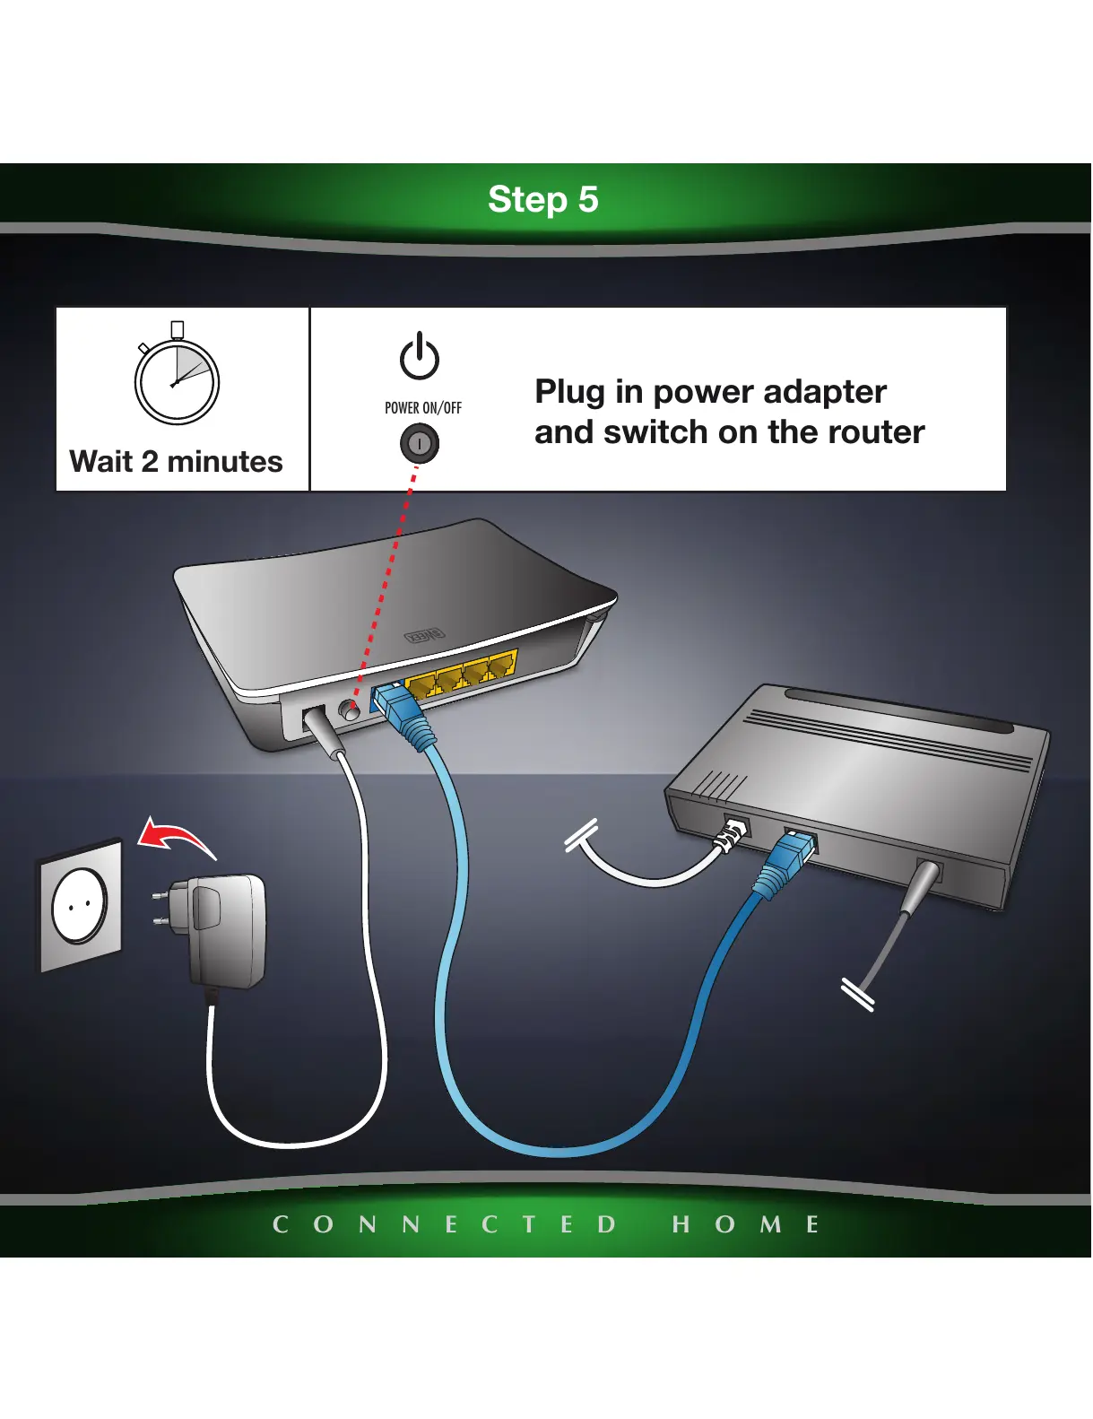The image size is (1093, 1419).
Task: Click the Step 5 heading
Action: pyautogui.click(x=542, y=199)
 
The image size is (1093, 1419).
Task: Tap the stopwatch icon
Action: pyautogui.click(x=177, y=379)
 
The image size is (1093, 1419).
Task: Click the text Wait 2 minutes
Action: pyautogui.click(x=177, y=461)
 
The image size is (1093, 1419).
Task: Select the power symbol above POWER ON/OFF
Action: pyautogui.click(x=420, y=357)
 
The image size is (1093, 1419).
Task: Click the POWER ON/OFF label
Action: pyautogui.click(x=423, y=408)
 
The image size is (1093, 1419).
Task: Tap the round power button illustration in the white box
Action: pyautogui.click(x=420, y=443)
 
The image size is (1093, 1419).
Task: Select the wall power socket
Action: pyautogui.click(x=81, y=904)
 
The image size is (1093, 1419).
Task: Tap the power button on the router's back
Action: pyautogui.click(x=350, y=710)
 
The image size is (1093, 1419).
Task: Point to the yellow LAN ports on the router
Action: pyautogui.click(x=463, y=674)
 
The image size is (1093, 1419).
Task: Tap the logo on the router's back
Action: pyautogui.click(x=423, y=635)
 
